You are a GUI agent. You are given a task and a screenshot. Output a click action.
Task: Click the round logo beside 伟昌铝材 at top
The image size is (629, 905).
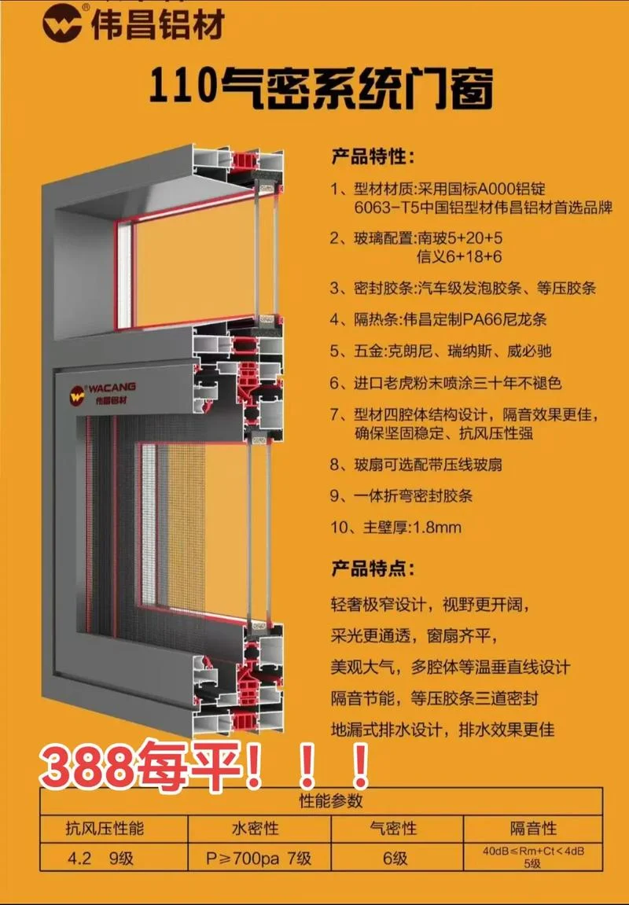pos(62,22)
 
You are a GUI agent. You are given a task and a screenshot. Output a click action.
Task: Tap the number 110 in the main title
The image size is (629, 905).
pos(182,86)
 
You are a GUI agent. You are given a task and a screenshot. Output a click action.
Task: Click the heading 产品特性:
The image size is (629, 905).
pos(373,156)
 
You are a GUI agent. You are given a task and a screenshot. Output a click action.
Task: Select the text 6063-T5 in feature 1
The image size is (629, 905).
pos(380,208)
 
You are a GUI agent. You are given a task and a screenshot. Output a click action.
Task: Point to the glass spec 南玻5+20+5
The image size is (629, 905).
pos(459,237)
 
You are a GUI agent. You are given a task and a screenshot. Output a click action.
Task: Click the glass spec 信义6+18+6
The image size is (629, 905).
pos(459,256)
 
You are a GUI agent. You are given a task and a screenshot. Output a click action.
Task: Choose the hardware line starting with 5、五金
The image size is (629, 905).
pos(441,351)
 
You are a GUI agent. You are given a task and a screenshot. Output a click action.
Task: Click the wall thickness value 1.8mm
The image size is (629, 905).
pos(437,527)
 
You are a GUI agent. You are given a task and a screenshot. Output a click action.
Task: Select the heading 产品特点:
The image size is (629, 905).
pos(373,568)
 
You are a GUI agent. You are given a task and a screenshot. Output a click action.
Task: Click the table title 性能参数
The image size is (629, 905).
pos(331,800)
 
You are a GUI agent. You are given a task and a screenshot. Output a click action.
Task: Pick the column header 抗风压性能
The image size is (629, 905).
pos(105,829)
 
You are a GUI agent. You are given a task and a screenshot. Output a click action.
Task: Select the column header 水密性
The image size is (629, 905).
pos(255,829)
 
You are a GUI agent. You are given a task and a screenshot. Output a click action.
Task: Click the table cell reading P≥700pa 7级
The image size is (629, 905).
pos(259,859)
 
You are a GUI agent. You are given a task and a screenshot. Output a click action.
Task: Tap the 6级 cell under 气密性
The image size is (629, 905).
pos(395,859)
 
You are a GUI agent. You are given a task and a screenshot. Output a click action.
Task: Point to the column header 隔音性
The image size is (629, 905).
pos(533,829)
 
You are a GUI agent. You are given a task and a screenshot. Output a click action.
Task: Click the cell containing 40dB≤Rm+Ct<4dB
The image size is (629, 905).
pos(533,857)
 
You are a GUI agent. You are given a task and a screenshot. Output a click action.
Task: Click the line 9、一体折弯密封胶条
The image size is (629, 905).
pos(401,495)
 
